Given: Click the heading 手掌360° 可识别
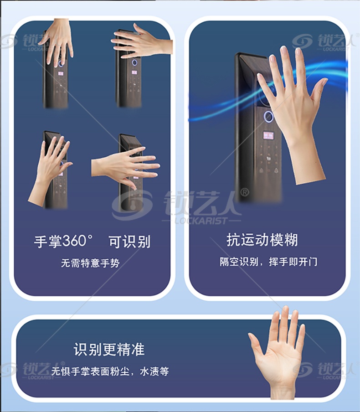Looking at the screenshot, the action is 92,241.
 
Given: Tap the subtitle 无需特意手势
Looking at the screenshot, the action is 90,263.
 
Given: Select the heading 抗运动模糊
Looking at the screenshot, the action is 262,240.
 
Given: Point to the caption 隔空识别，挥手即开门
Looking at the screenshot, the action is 268,262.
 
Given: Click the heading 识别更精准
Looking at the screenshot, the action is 109,349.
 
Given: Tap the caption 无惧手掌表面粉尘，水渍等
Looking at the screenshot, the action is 110,371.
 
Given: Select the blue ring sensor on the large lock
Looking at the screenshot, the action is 268,116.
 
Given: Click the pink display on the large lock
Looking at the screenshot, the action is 268,135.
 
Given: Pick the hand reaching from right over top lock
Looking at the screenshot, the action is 142,42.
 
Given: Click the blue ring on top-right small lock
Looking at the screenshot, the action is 134,62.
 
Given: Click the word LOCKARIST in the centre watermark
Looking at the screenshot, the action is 201,221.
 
